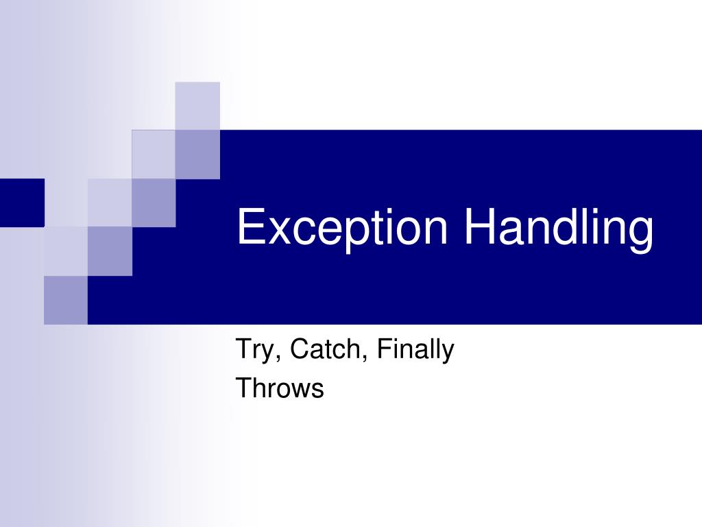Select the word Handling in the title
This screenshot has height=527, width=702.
(558, 229)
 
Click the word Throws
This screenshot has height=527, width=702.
(280, 388)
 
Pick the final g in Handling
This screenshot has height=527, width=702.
(641, 233)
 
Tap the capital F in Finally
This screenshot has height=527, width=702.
(383, 349)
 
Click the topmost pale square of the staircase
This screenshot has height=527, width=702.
(197, 105)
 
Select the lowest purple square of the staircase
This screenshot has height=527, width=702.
(66, 300)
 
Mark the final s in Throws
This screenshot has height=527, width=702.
(317, 391)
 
